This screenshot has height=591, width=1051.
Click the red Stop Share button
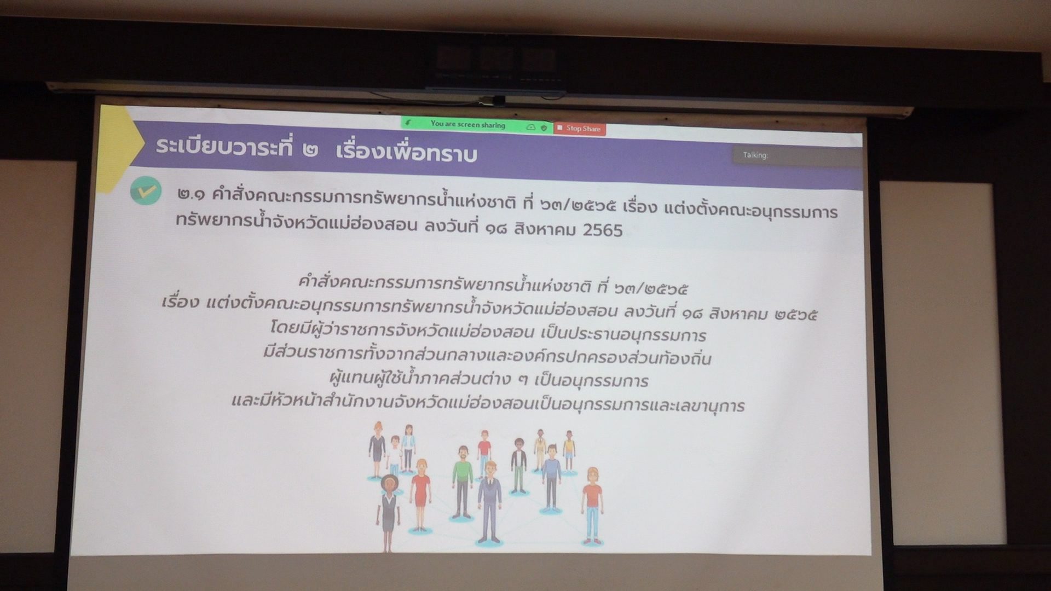[580, 129]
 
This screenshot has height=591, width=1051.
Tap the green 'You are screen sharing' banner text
[467, 124]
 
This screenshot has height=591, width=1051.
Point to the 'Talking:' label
[755, 155]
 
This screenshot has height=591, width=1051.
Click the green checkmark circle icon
[146, 191]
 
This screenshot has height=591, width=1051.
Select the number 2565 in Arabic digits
[603, 230]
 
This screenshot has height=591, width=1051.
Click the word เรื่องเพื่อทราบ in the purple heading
[407, 154]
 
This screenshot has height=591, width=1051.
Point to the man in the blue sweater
[551, 477]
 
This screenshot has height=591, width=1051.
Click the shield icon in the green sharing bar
[544, 128]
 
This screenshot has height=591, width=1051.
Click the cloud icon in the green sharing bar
[530, 127]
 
